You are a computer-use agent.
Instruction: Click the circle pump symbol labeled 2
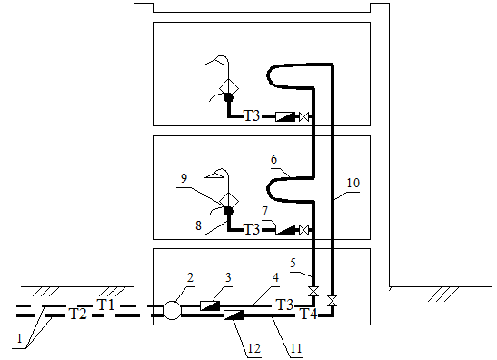click(172, 310)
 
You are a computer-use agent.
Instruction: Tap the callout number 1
click(19, 338)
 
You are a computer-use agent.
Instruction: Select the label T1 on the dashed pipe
click(106, 305)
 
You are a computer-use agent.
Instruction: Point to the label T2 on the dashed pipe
click(77, 314)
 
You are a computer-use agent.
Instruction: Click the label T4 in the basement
click(308, 314)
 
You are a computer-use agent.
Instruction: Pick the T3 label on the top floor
click(252, 115)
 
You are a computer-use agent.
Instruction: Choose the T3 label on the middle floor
click(252, 229)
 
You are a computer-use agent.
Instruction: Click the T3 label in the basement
click(285, 305)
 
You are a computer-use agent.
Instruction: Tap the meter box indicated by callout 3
click(210, 305)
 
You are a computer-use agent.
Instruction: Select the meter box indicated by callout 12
click(234, 315)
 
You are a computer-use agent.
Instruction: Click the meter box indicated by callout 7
click(285, 230)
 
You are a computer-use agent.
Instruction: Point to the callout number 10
click(353, 183)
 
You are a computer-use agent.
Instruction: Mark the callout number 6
click(273, 159)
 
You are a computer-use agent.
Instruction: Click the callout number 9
click(184, 178)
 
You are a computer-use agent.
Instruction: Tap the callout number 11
click(295, 348)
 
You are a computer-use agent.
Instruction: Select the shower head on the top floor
click(216, 61)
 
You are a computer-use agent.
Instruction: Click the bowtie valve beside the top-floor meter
click(304, 116)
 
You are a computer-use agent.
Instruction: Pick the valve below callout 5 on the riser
click(314, 291)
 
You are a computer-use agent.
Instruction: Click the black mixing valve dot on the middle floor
click(229, 211)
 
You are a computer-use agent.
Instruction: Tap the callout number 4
click(275, 277)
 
